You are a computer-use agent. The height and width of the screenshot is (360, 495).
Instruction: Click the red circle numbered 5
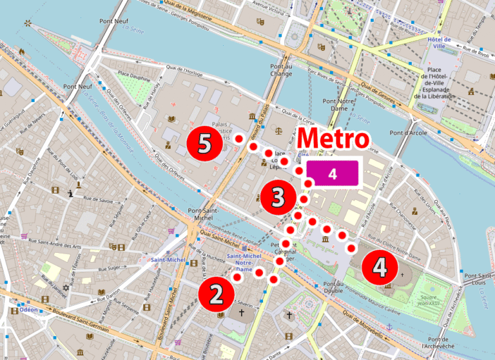(x=204, y=144)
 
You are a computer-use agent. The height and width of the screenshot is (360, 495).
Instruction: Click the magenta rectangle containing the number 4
(x=333, y=174)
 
